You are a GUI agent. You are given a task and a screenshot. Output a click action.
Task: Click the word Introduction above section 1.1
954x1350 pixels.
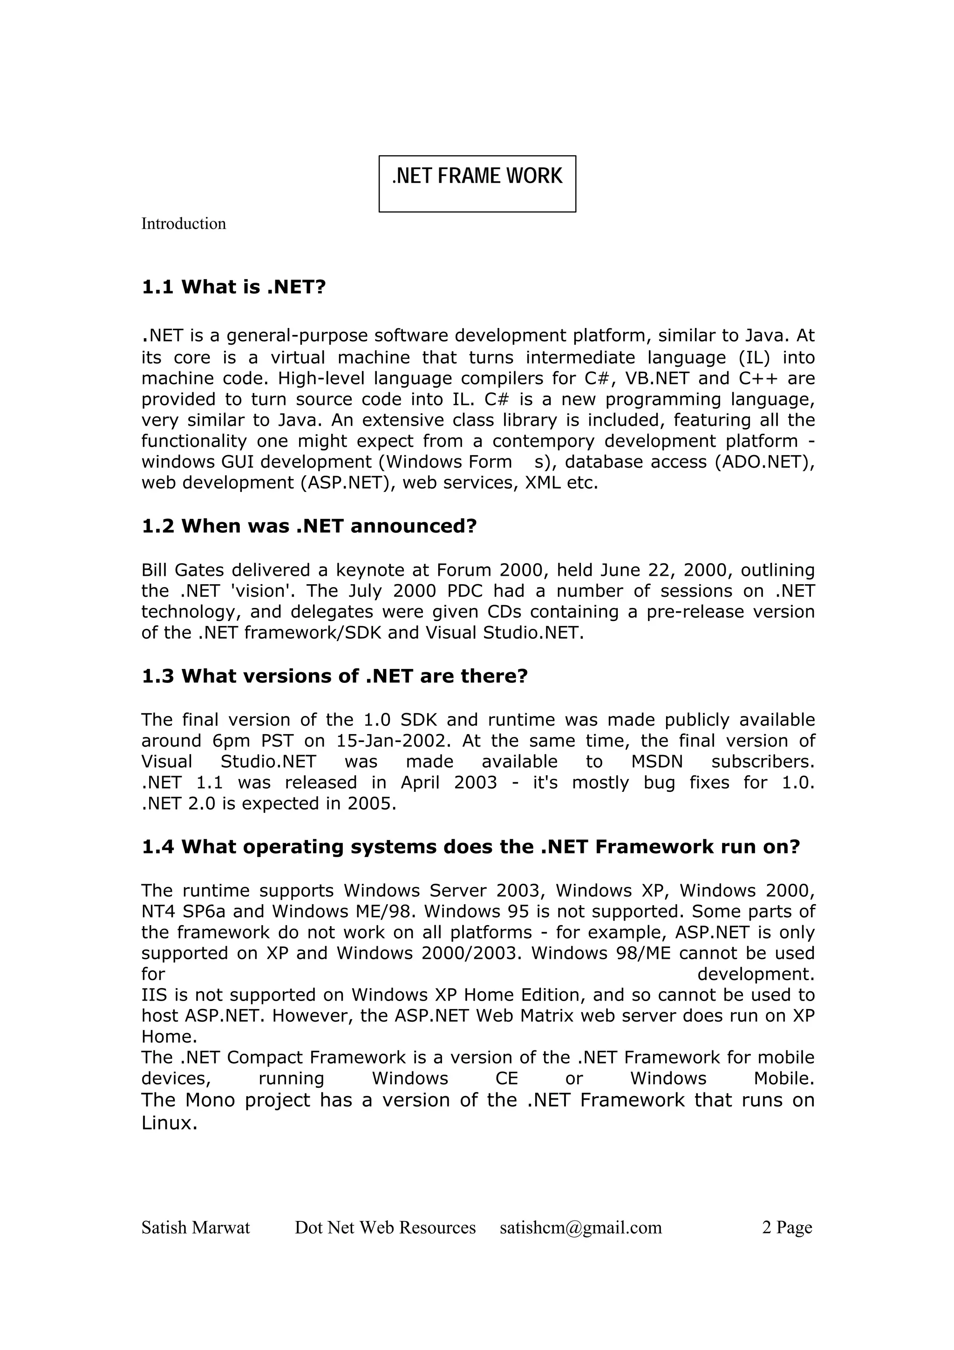click(x=184, y=224)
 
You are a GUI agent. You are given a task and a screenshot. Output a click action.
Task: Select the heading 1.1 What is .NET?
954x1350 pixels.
click(x=233, y=287)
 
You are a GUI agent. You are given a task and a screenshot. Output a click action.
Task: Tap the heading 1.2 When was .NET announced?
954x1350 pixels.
click(x=308, y=525)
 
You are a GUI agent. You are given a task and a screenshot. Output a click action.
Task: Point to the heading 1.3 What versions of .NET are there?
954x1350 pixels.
click(x=334, y=676)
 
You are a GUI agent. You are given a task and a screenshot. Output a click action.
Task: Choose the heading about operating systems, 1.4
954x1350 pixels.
click(x=470, y=847)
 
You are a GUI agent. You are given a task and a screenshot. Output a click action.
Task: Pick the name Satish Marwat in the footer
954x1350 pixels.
click(x=196, y=1227)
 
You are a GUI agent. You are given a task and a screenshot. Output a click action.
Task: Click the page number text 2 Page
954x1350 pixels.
click(x=786, y=1227)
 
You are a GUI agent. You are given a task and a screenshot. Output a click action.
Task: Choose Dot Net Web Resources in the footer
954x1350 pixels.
click(x=385, y=1227)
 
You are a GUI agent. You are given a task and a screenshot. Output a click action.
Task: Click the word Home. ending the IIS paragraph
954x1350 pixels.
click(x=169, y=1036)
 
